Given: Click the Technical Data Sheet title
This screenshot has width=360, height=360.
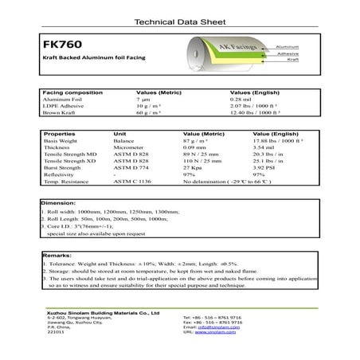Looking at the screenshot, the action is [x=179, y=22].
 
